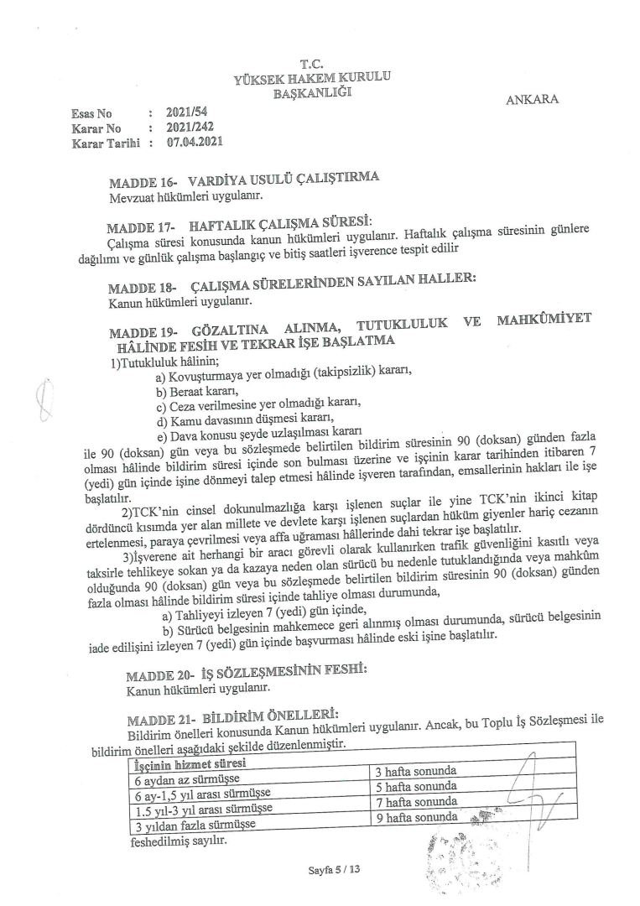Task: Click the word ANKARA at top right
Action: tap(533, 100)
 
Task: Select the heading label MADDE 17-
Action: tap(140, 226)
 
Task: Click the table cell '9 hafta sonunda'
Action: tap(416, 815)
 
